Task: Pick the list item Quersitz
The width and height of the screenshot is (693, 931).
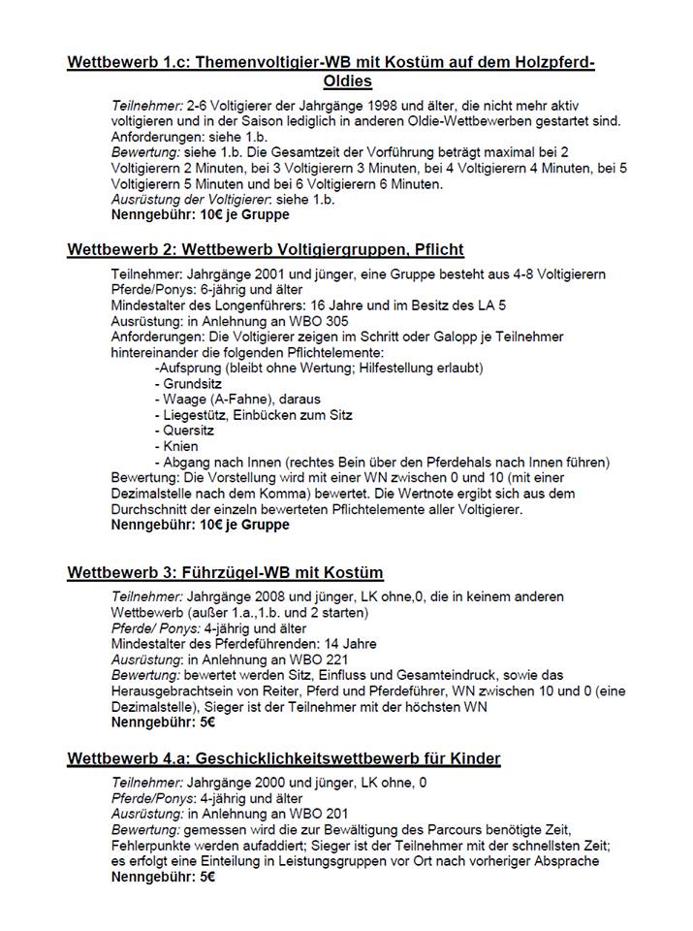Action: point(189,430)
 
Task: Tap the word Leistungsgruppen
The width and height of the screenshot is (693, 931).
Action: point(316,861)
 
